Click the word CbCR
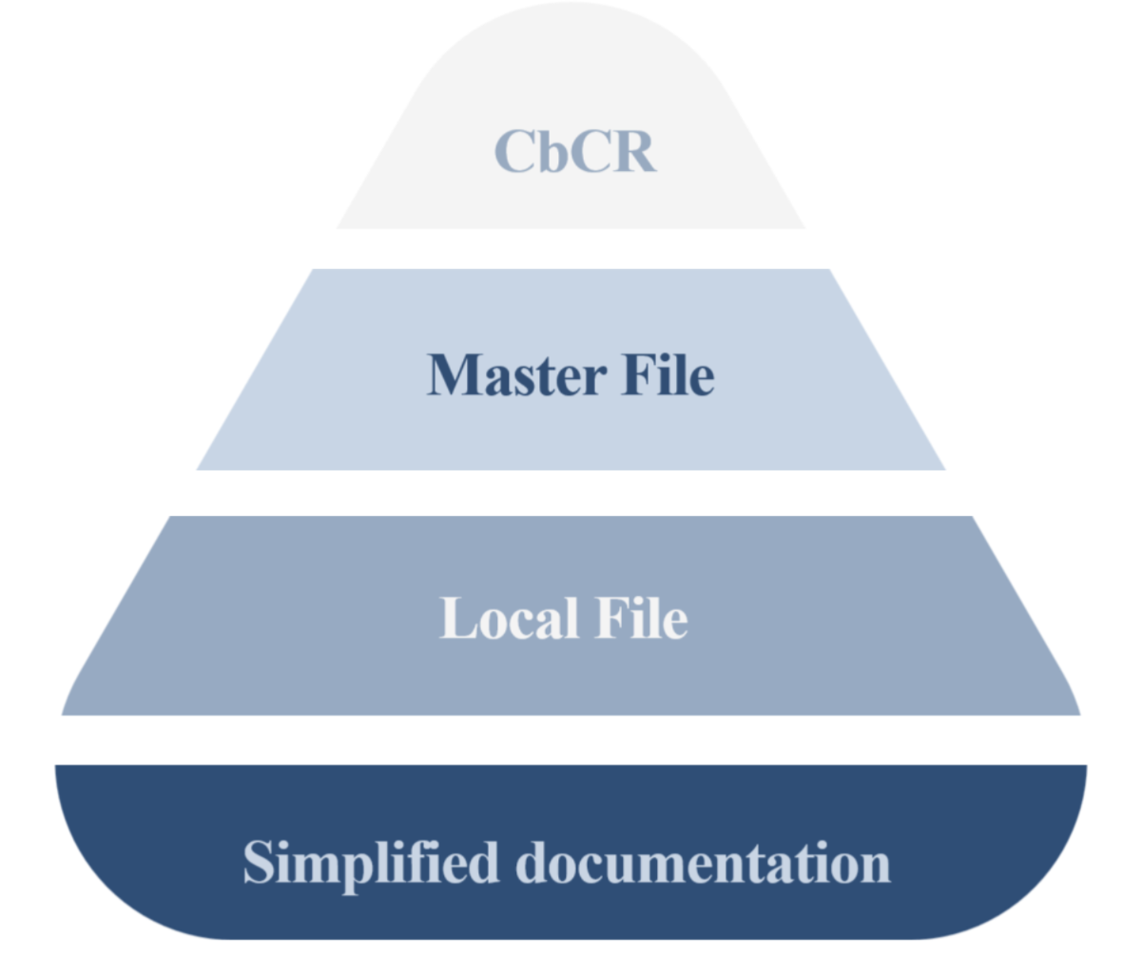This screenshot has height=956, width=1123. pyautogui.click(x=575, y=151)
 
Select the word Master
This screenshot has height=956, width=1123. pyautogui.click(x=517, y=374)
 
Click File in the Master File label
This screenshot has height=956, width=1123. pyautogui.click(x=668, y=374)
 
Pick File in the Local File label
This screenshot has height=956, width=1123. pyautogui.click(x=641, y=618)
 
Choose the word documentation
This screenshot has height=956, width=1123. pyautogui.click(x=704, y=863)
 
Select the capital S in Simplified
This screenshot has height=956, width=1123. pyautogui.click(x=259, y=863)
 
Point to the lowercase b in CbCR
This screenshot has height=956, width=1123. pyautogui.click(x=554, y=151)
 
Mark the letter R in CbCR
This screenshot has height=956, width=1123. pyautogui.click(x=634, y=151)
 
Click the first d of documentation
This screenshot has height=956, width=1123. pyautogui.click(x=532, y=863)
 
